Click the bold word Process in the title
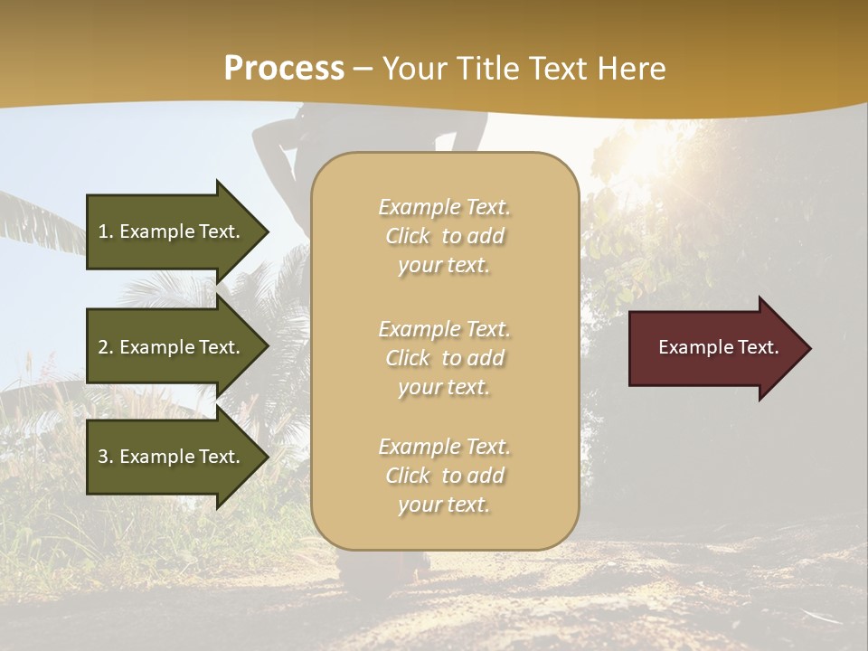click(284, 69)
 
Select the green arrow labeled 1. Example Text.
click(171, 231)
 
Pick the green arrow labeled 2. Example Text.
click(171, 347)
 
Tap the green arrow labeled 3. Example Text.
click(171, 457)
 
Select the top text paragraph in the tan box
click(444, 236)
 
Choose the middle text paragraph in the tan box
click(444, 358)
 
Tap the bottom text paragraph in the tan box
click(444, 476)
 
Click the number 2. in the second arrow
click(106, 347)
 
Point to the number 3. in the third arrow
click(106, 457)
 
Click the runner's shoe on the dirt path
click(412, 565)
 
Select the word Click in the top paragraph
click(408, 236)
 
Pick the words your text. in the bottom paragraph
click(444, 505)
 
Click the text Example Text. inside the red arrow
click(718, 348)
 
